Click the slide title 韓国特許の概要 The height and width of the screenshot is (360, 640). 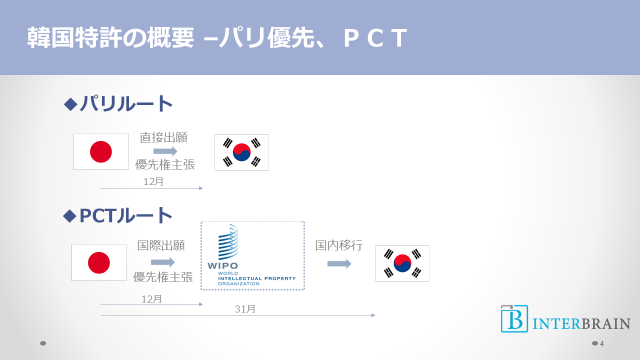tap(110, 38)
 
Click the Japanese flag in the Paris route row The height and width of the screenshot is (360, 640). tap(101, 151)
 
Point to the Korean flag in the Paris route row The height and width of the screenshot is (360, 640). tap(241, 152)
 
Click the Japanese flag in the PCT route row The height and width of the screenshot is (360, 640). tap(99, 262)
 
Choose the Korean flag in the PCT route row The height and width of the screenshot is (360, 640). tap(402, 263)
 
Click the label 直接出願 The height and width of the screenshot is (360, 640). tap(164, 137)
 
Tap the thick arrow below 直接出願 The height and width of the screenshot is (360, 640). tap(165, 151)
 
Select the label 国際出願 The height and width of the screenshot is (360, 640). tap(161, 245)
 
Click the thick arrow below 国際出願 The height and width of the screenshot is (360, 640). tap(162, 262)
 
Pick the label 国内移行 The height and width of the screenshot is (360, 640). tap(339, 245)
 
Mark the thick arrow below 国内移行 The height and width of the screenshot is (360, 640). tap(339, 263)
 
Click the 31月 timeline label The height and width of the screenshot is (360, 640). tap(245, 309)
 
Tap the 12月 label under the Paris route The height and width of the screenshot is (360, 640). tap(153, 182)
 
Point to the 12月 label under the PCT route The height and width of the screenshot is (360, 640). tap(151, 299)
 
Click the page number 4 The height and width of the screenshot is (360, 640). tap(601, 343)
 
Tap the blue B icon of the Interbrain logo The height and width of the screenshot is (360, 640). tap(514, 318)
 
